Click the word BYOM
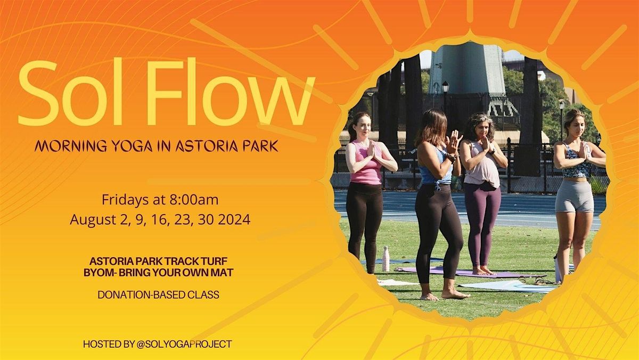(x=102, y=272)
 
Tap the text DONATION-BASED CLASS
(x=158, y=294)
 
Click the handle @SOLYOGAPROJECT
(x=184, y=344)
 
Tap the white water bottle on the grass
(x=386, y=258)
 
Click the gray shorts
(x=574, y=195)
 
